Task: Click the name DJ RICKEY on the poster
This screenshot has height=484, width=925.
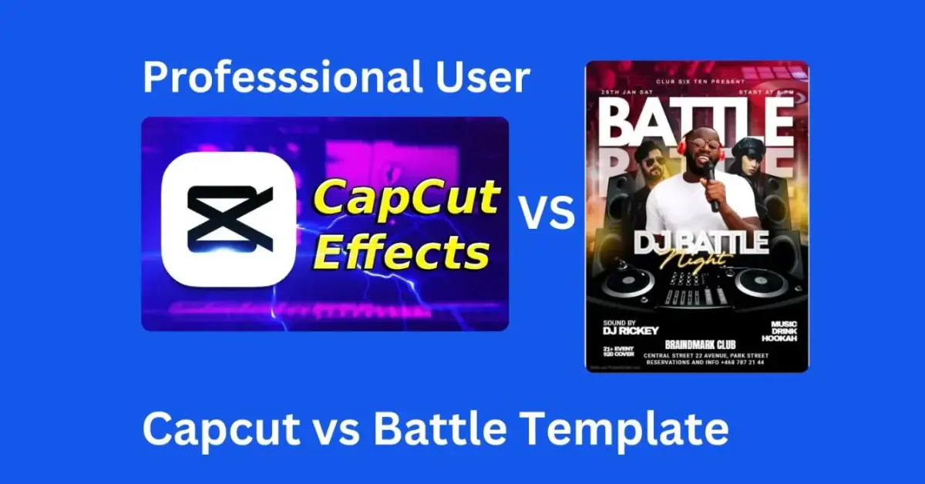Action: coord(631,331)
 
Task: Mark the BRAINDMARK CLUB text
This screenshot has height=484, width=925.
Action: coord(699,344)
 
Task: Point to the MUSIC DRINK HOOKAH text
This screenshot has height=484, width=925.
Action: coord(779,331)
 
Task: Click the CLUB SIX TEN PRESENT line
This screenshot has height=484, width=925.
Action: coord(698,80)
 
